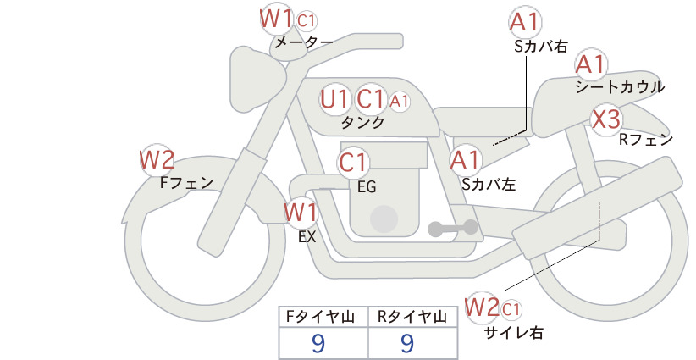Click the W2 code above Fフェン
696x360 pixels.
tap(157, 160)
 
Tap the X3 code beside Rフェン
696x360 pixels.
tap(606, 119)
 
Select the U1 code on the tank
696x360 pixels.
tap(334, 99)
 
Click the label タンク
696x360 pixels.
tap(362, 123)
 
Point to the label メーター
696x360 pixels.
tap(304, 42)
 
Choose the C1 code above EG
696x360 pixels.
tap(352, 163)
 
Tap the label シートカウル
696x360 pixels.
tap(620, 87)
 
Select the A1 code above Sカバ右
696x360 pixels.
tap(525, 23)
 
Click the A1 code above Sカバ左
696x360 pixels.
tap(465, 160)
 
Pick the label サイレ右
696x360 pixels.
tap(514, 333)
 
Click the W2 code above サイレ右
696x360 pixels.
tap(482, 307)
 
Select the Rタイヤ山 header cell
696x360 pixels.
tap(413, 317)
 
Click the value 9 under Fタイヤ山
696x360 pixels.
tap(318, 343)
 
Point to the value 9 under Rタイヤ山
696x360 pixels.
tap(407, 343)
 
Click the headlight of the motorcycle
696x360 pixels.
tap(254, 80)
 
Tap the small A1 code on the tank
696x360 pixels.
tap(399, 102)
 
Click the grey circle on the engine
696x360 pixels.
tap(384, 219)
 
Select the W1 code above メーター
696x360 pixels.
tap(276, 19)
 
